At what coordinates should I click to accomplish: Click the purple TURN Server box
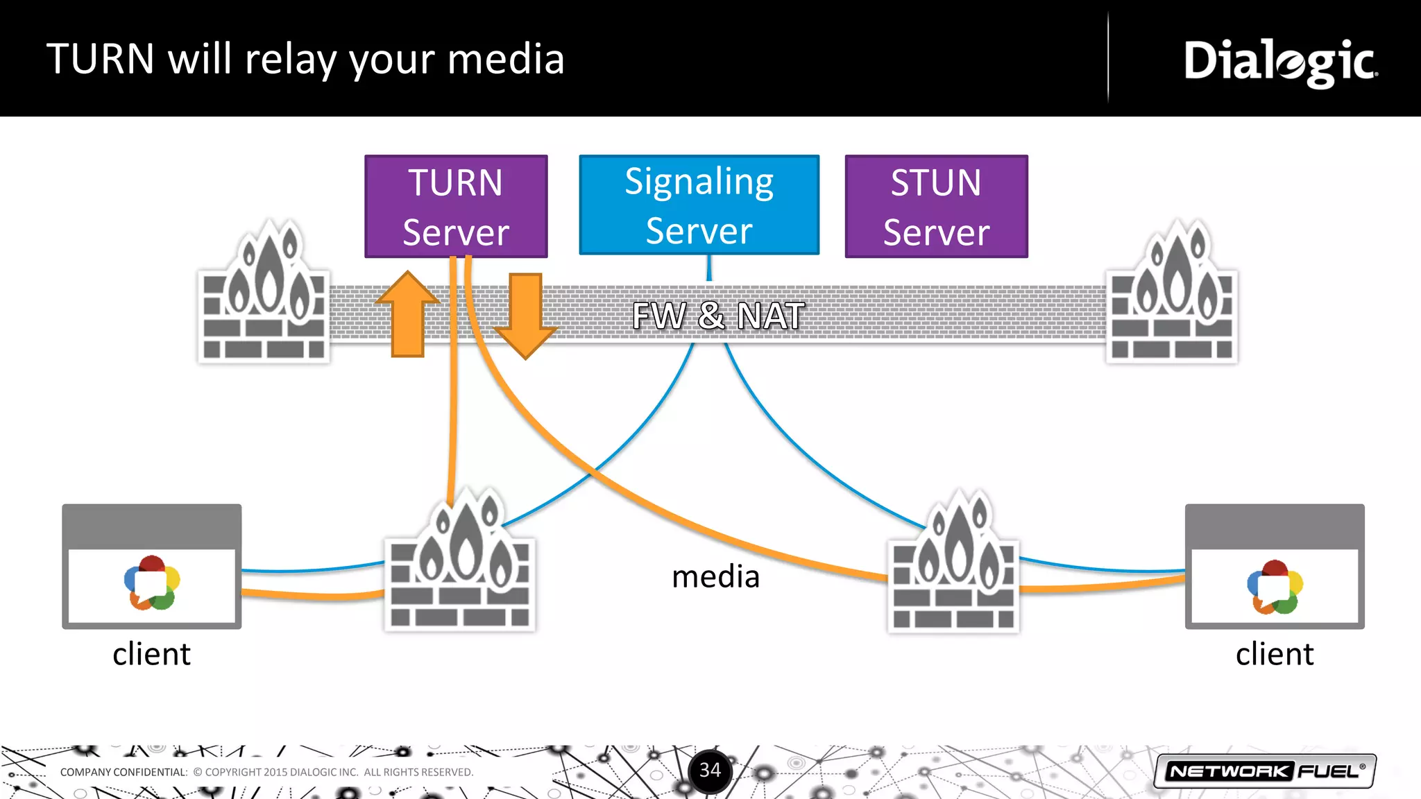[456, 206]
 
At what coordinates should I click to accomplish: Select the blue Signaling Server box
[699, 205]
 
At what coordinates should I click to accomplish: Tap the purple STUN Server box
[936, 206]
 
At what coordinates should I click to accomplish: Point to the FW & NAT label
[718, 316]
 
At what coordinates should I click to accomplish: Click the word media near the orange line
[715, 577]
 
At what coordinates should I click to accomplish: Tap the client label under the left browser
[151, 654]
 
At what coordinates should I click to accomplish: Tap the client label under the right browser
[1274, 654]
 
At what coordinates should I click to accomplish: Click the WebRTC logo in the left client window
[152, 583]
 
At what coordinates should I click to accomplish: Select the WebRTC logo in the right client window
[1275, 587]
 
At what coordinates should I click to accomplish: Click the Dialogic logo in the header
[1280, 62]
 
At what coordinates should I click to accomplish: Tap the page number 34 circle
[710, 771]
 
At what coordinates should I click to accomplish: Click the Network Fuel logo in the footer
[1264, 771]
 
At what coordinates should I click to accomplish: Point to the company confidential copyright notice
[266, 772]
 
